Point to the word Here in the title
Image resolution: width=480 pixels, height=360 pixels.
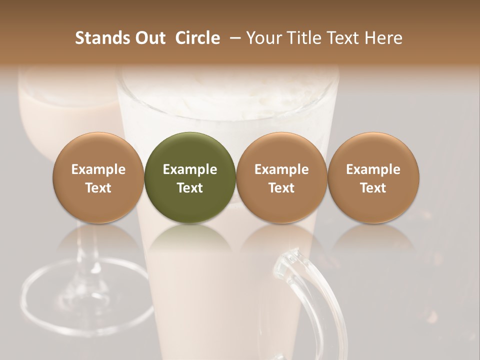(x=383, y=38)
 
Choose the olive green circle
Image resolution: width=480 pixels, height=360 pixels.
(x=190, y=177)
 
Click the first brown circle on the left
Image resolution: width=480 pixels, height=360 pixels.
(x=98, y=177)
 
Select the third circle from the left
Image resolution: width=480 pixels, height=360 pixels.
(x=281, y=177)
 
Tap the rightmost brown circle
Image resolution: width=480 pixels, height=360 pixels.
(x=373, y=177)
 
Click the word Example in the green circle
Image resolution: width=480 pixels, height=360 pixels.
(x=190, y=169)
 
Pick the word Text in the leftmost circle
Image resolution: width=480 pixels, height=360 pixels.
(x=98, y=188)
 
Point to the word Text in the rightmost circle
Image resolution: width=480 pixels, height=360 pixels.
(x=373, y=188)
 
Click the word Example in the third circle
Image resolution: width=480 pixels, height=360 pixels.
(x=281, y=169)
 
